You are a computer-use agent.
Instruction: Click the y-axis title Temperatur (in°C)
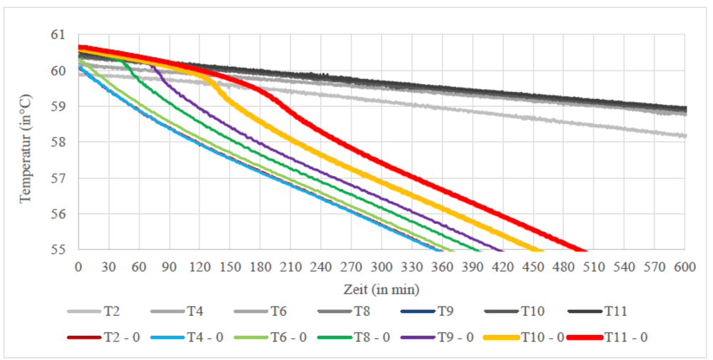26,142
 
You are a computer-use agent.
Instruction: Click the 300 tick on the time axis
381,267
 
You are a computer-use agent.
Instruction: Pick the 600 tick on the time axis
685,267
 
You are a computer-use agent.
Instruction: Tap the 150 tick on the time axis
230,267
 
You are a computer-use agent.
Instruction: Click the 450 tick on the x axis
533,267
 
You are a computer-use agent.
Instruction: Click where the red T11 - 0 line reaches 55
585,250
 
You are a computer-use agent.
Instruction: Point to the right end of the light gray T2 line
685,135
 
